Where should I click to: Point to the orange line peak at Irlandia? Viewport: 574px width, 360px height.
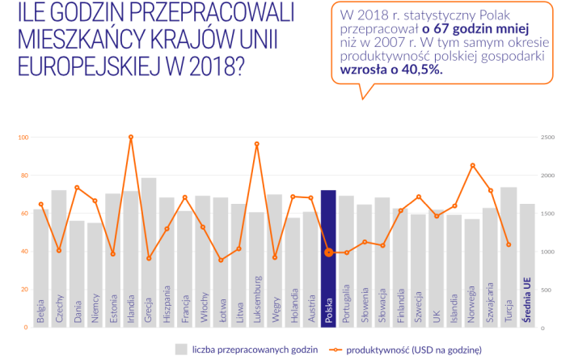coord(131,138)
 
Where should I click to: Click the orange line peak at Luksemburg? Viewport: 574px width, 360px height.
coord(256,144)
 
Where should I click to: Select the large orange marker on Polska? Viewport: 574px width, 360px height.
coord(328,252)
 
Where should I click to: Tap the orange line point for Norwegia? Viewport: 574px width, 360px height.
coord(472,165)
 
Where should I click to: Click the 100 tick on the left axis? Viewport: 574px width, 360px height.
coord(23,138)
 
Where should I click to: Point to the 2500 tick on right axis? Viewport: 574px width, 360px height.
coord(550,138)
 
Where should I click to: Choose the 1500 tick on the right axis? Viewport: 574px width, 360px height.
coord(550,214)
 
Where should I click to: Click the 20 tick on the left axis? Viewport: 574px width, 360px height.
coord(24,290)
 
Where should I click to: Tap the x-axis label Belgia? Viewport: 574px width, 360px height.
coord(41,311)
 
